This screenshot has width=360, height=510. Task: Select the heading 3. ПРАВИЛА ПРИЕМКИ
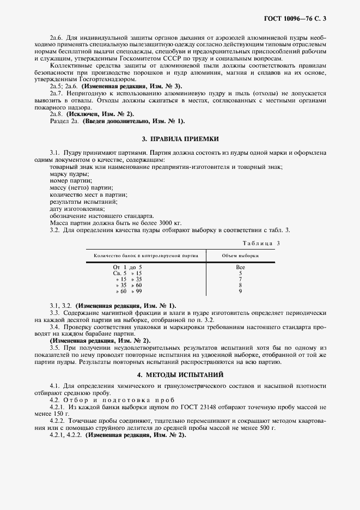pyautogui.click(x=180, y=139)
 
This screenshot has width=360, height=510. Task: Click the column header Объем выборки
pyautogui.click(x=240, y=255)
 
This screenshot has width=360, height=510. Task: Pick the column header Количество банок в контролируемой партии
pyautogui.click(x=146, y=255)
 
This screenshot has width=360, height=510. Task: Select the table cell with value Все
pyautogui.click(x=240, y=268)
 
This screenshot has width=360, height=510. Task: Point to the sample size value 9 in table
pyautogui.click(x=240, y=292)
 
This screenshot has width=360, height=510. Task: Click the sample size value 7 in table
pyautogui.click(x=240, y=280)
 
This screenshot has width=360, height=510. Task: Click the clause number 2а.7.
pyautogui.click(x=57, y=94)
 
